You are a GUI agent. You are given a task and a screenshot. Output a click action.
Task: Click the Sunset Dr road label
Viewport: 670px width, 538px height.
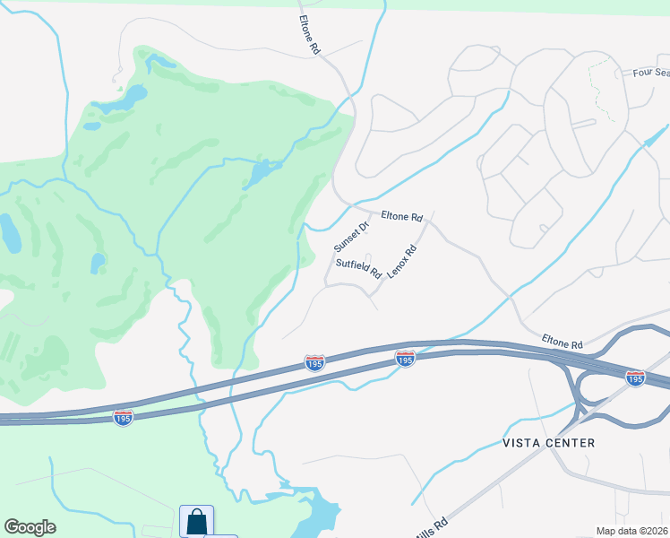point(351,237)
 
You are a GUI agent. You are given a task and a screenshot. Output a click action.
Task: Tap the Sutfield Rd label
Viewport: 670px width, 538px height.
point(358,267)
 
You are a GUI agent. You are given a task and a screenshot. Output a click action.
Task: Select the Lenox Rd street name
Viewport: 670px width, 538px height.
point(402,261)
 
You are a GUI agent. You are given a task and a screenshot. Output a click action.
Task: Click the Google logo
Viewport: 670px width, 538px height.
point(30,527)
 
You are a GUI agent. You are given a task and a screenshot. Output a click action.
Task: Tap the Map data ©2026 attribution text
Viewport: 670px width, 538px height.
point(631,531)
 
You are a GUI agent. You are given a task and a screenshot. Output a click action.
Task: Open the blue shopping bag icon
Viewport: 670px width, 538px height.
point(196,522)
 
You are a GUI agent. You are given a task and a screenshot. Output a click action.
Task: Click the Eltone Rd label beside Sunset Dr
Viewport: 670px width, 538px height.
point(401,216)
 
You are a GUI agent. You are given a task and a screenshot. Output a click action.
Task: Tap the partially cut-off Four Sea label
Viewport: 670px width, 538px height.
point(650,74)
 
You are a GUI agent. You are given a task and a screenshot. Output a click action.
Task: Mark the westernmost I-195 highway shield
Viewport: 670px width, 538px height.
point(124,418)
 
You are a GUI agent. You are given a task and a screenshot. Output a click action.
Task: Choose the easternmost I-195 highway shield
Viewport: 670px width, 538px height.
point(635,377)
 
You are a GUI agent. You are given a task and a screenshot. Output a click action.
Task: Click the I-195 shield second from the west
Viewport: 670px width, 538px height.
point(314,361)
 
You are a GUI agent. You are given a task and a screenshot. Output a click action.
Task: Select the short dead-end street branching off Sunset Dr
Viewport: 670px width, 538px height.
point(367,256)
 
